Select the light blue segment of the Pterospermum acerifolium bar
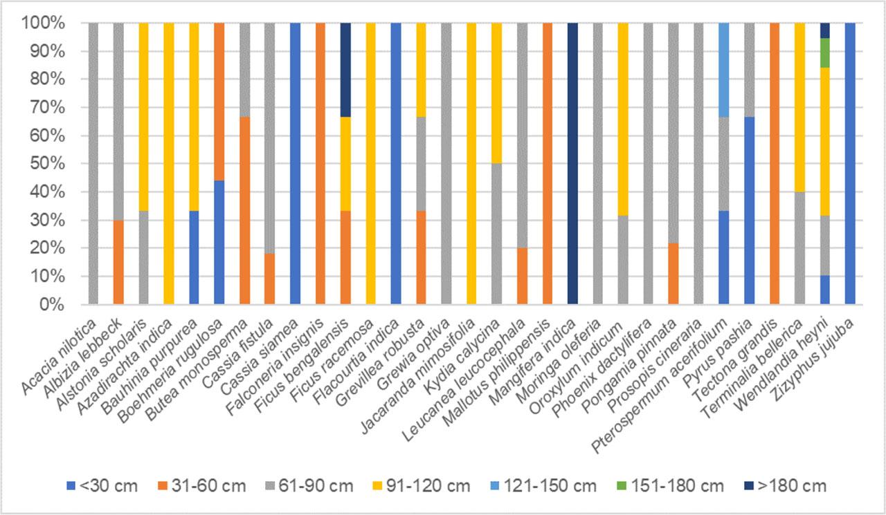click(723, 70)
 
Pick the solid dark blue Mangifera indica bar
click(572, 164)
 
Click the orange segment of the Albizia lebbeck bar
click(118, 262)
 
